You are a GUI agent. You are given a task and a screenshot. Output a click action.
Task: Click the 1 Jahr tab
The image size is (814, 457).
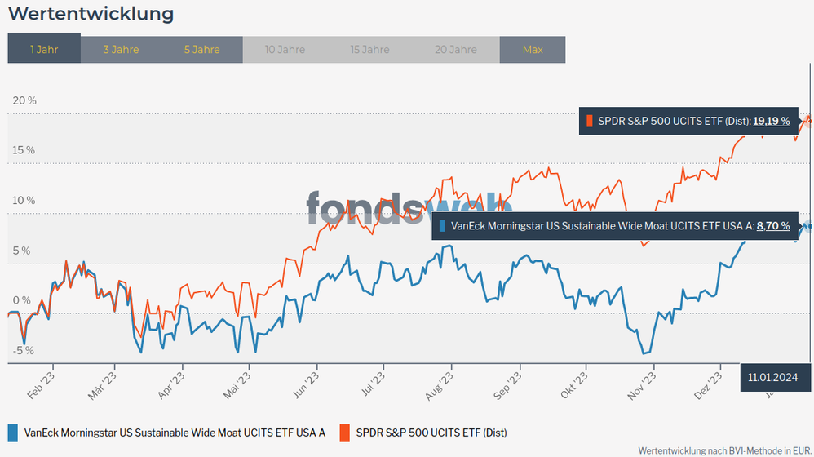(x=44, y=49)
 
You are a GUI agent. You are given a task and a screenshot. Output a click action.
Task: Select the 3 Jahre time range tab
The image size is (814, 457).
(x=121, y=49)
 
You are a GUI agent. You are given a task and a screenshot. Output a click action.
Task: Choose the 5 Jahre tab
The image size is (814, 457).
(x=201, y=49)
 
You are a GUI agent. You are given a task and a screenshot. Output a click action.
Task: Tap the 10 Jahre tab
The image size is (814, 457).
(x=285, y=49)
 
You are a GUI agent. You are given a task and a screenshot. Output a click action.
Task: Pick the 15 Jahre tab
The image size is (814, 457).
(x=369, y=49)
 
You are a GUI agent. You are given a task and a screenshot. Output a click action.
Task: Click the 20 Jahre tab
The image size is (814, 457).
(x=456, y=49)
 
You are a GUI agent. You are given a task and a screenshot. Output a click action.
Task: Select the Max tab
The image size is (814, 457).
(x=533, y=49)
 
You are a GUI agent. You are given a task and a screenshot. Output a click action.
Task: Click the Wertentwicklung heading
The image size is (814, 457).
(x=91, y=14)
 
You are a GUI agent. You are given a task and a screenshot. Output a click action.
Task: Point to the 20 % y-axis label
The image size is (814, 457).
(x=25, y=100)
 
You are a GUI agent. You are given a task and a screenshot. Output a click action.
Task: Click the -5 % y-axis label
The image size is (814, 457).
(x=24, y=351)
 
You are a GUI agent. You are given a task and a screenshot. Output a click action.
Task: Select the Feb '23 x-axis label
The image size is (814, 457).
(x=41, y=383)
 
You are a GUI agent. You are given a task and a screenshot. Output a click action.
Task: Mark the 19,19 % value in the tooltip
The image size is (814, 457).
(x=771, y=121)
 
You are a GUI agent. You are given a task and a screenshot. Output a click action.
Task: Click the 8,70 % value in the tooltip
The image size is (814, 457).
(x=773, y=226)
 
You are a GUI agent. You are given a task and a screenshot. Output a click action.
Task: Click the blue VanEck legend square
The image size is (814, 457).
(x=13, y=432)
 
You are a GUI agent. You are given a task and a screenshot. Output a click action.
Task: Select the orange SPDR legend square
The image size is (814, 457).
(x=344, y=432)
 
